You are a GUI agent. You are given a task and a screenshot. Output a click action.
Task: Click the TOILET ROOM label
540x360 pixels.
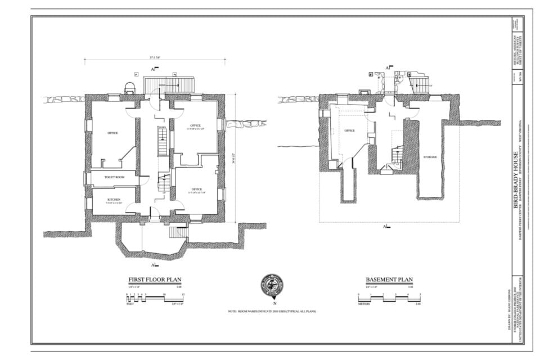tap(114, 177)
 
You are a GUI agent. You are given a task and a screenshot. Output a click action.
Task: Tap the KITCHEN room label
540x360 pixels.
tap(114, 200)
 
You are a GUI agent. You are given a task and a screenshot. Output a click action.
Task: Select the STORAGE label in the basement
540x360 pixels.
tap(430, 157)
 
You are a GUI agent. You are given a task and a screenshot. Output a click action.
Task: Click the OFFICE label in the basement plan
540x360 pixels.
tap(349, 130)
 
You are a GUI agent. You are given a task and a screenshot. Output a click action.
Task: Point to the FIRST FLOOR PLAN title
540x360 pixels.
tap(155, 280)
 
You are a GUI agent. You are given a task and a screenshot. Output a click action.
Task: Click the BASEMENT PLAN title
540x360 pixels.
tap(389, 280)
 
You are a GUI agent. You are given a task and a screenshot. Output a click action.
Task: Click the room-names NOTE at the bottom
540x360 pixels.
tap(272, 311)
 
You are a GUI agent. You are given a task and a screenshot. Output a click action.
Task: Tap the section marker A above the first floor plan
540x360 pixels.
tap(153, 69)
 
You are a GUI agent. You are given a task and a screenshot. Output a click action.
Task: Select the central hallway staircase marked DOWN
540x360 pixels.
tap(162, 142)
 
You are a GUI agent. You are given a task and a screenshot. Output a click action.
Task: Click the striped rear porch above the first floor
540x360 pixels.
tap(170, 85)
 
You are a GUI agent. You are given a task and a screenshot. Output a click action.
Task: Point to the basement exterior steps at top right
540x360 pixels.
tap(420, 85)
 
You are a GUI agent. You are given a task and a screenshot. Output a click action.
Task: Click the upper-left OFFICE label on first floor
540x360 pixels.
tap(112, 133)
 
